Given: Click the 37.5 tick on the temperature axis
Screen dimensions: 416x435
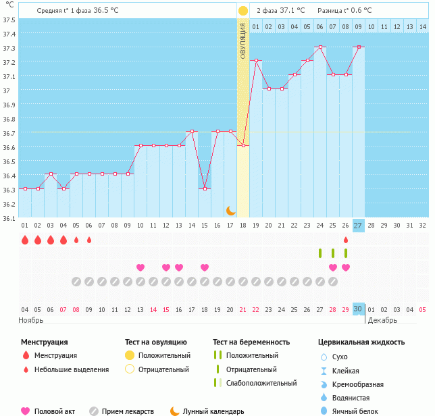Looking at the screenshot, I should pyautogui.click(x=9, y=20).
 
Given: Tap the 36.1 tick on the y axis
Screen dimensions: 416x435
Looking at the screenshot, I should pyautogui.click(x=9, y=218).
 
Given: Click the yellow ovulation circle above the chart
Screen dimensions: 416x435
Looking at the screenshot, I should pyautogui.click(x=243, y=11).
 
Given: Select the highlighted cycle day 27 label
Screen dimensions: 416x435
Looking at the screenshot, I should pyautogui.click(x=358, y=226).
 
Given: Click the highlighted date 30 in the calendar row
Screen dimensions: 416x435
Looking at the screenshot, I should pyautogui.click(x=358, y=309).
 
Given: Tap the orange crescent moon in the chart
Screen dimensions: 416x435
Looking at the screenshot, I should pyautogui.click(x=231, y=211).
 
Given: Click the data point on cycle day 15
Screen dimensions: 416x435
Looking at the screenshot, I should pyautogui.click(x=205, y=189).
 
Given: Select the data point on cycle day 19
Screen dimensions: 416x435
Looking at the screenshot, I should pyautogui.click(x=256, y=61).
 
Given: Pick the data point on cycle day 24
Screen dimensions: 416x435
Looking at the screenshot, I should pyautogui.click(x=320, y=47).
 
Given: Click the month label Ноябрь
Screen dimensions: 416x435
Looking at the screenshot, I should pyautogui.click(x=31, y=320).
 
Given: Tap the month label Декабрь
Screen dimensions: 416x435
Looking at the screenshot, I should pyautogui.click(x=383, y=320).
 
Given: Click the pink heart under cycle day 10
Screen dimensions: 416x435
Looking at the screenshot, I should pyautogui.click(x=140, y=267).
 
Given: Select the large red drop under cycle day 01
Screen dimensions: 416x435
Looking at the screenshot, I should pyautogui.click(x=25, y=240).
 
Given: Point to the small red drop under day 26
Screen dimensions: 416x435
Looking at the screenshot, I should pyautogui.click(x=346, y=240).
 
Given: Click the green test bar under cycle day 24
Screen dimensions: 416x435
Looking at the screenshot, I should pyautogui.click(x=320, y=253).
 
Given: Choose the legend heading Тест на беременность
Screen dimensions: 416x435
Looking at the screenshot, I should pyautogui.click(x=251, y=342).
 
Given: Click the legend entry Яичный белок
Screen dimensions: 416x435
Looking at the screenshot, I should pyautogui.click(x=355, y=411).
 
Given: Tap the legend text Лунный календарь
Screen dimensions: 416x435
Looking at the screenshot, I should pyautogui.click(x=213, y=411).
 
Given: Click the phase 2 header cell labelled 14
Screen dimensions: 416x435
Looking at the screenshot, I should pyautogui.click(x=422, y=26).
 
